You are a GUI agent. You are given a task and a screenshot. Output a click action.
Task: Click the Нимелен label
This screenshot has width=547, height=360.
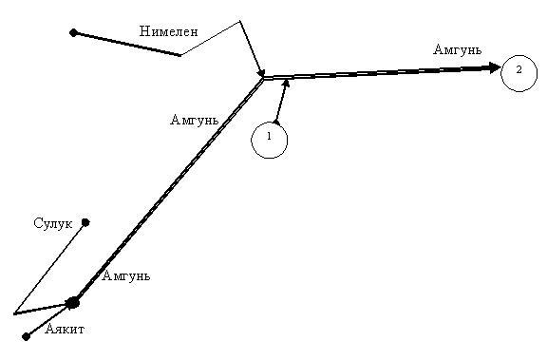click(x=168, y=31)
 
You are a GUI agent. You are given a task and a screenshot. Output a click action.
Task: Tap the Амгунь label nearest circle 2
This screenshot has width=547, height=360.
click(x=458, y=49)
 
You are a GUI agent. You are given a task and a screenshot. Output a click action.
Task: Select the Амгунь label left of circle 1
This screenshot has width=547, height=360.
click(x=195, y=120)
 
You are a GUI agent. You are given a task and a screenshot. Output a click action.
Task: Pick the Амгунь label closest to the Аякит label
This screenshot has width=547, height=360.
click(x=126, y=275)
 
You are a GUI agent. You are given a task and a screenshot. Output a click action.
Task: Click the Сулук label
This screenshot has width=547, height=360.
click(x=53, y=223)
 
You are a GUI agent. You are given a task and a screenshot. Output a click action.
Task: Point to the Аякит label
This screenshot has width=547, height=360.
click(x=65, y=329)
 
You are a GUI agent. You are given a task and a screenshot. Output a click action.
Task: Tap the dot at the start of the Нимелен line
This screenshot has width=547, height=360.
click(x=73, y=33)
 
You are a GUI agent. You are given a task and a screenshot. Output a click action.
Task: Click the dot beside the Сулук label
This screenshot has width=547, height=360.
click(x=85, y=222)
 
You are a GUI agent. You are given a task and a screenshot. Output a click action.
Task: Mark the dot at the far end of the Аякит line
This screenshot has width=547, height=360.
click(x=26, y=336)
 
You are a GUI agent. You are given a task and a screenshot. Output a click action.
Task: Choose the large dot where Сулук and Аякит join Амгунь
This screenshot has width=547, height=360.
click(x=73, y=303)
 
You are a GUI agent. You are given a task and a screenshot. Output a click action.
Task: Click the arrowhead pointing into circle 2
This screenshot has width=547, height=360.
click(x=495, y=67)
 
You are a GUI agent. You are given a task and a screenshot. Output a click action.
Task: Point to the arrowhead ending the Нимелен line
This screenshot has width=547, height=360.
click(x=260, y=72)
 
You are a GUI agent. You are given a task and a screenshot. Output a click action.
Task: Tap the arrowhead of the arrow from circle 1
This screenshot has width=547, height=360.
click(x=286, y=85)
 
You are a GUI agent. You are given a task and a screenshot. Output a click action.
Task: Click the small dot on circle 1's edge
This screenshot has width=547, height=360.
click(x=276, y=123)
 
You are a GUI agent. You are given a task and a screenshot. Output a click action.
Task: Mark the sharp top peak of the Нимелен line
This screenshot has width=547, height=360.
click(x=240, y=21)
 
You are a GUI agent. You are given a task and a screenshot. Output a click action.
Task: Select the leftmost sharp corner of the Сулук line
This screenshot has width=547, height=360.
click(x=14, y=313)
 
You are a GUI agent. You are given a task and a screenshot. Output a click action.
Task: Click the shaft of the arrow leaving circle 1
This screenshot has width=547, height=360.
click(x=281, y=102)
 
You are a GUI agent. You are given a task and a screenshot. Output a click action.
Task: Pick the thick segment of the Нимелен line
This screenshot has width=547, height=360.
click(x=127, y=44)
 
